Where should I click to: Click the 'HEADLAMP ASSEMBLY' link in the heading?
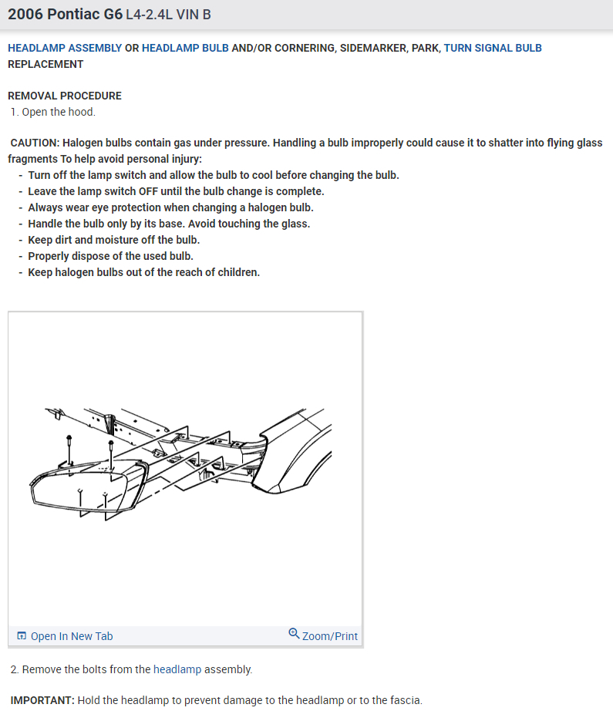pyautogui.click(x=65, y=48)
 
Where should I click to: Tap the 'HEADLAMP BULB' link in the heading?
pyautogui.click(x=185, y=48)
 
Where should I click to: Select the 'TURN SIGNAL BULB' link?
pyautogui.click(x=493, y=48)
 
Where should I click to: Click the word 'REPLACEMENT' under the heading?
pyautogui.click(x=45, y=64)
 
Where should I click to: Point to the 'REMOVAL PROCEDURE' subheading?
pyautogui.click(x=65, y=96)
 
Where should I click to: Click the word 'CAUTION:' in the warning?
pyautogui.click(x=35, y=143)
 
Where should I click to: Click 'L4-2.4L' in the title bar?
pyautogui.click(x=150, y=15)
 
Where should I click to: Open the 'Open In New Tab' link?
pyautogui.click(x=72, y=636)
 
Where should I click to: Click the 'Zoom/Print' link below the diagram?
pyautogui.click(x=330, y=636)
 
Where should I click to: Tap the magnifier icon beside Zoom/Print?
pyautogui.click(x=294, y=634)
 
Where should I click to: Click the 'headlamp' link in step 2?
pyautogui.click(x=177, y=669)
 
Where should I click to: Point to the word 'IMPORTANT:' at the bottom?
pyautogui.click(x=42, y=700)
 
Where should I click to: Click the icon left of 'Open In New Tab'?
pyautogui.click(x=22, y=636)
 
